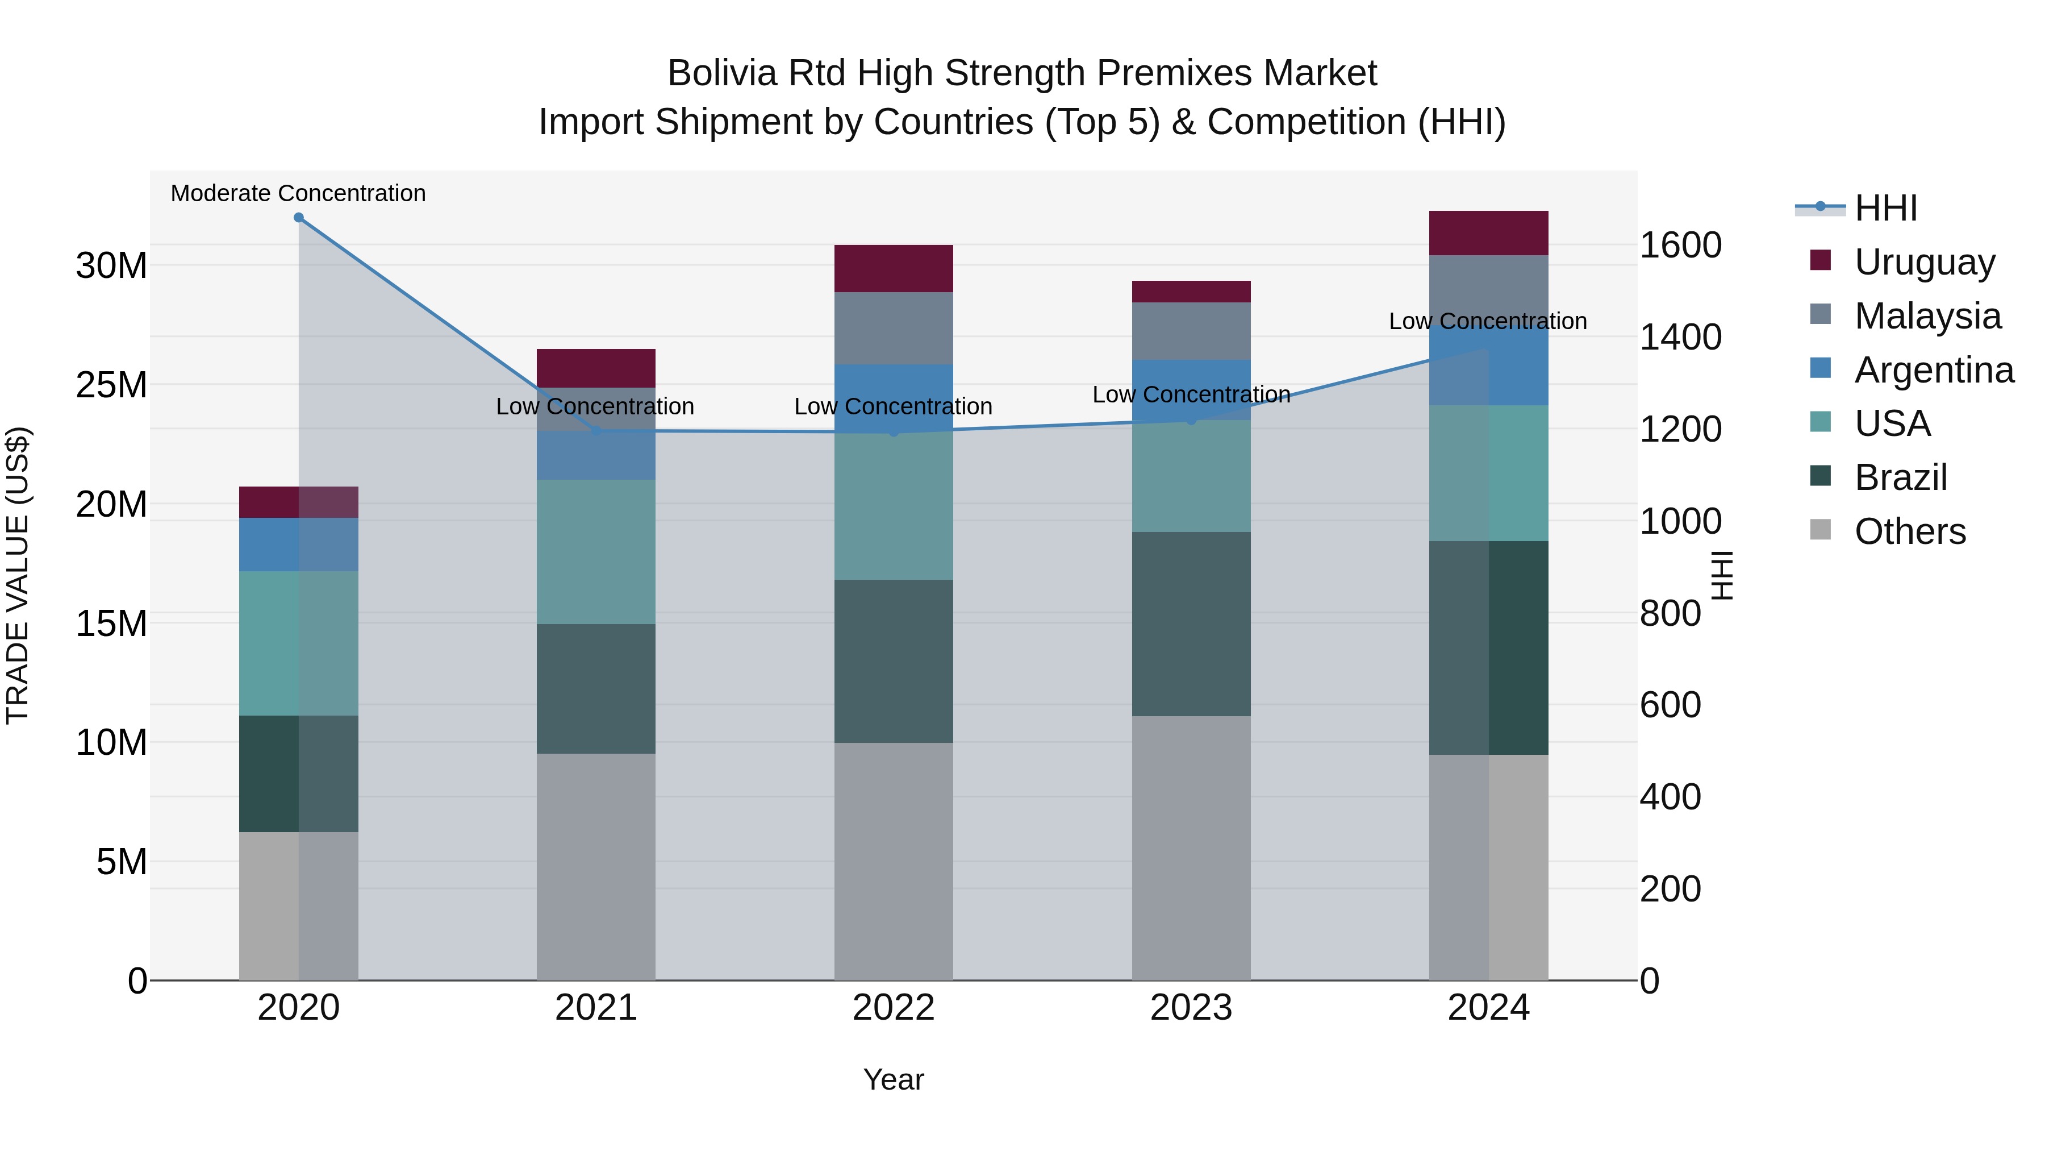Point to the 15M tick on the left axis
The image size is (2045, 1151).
[x=111, y=624]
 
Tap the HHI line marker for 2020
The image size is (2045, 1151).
[x=298, y=218]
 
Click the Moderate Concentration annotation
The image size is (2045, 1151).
[x=298, y=194]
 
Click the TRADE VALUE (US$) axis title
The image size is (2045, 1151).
[x=18, y=575]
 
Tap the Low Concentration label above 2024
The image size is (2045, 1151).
[x=1488, y=322]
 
